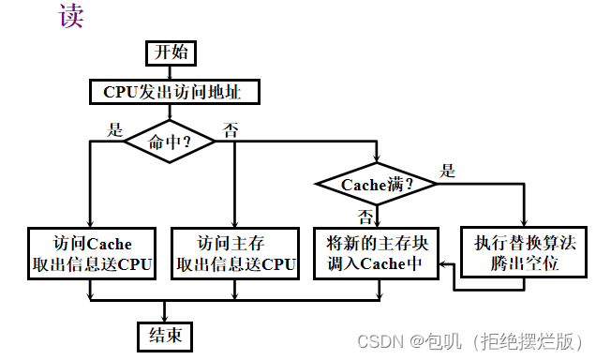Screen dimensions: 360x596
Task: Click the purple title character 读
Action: pyautogui.click(x=72, y=17)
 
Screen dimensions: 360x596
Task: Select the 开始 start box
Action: pyautogui.click(x=164, y=52)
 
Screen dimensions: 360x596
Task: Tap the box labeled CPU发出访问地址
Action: pyautogui.click(x=173, y=92)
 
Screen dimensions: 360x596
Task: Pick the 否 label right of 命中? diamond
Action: pyautogui.click(x=231, y=129)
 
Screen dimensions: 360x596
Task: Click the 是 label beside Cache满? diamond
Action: pyautogui.click(x=448, y=171)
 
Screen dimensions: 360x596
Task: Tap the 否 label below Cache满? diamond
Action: pyautogui.click(x=366, y=215)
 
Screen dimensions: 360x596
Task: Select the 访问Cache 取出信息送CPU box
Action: pyautogui.click(x=90, y=252)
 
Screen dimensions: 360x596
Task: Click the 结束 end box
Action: pyautogui.click(x=164, y=335)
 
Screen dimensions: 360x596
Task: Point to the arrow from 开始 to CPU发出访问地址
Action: pyautogui.click(x=164, y=72)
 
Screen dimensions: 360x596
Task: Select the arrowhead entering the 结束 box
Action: pyautogui.click(x=164, y=317)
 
